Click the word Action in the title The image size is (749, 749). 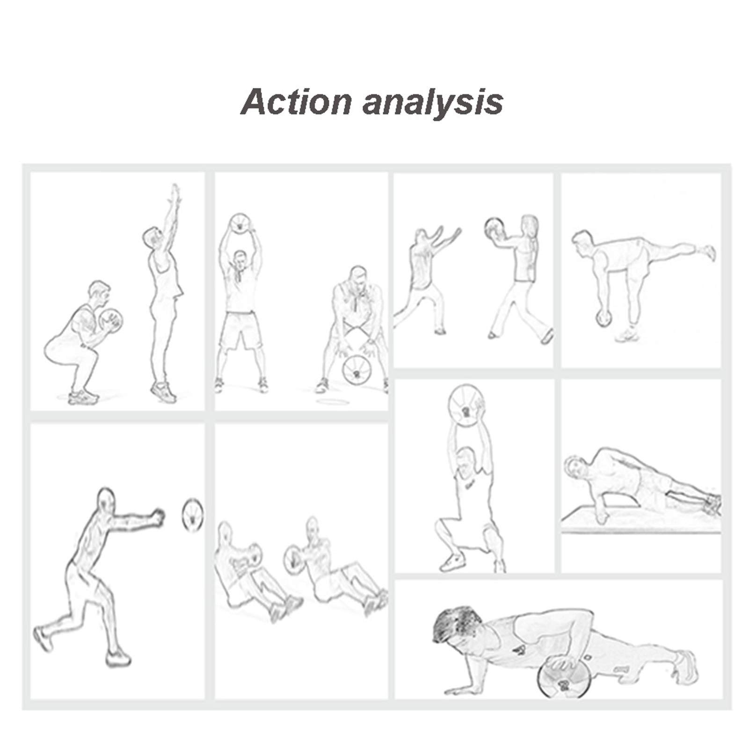[x=296, y=102]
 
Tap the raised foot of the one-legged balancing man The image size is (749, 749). [x=709, y=253]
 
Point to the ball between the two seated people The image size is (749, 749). [x=293, y=558]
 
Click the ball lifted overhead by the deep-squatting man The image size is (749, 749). [x=466, y=406]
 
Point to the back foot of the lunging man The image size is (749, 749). [x=43, y=639]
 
